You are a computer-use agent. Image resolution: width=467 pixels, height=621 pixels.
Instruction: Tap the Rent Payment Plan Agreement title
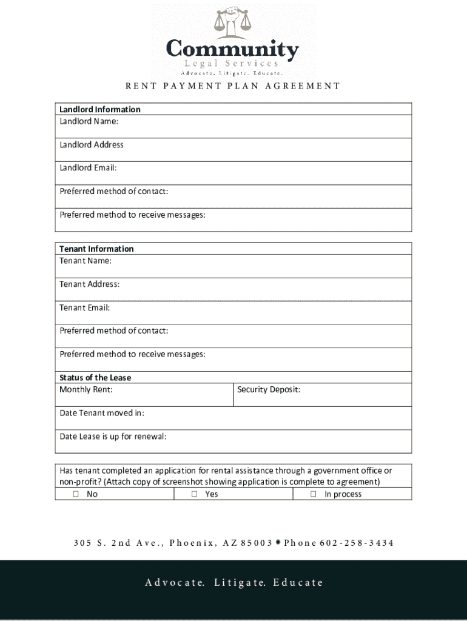(233, 86)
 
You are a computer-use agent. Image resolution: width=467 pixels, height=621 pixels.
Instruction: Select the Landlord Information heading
(99, 109)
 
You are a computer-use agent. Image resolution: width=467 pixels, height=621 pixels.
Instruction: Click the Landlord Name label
(89, 121)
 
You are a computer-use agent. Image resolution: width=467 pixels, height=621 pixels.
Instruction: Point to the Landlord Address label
(91, 144)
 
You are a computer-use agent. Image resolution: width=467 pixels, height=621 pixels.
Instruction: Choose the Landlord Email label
(87, 168)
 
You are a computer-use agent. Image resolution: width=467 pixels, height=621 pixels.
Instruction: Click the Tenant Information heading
(96, 249)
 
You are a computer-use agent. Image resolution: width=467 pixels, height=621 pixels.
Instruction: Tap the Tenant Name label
(85, 261)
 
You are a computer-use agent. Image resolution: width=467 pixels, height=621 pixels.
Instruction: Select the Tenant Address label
(89, 284)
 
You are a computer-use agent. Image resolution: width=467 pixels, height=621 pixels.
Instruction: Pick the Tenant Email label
(84, 307)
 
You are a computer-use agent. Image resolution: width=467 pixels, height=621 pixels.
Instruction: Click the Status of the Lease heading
(95, 377)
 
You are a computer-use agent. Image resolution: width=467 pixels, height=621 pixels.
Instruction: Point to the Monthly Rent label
(86, 389)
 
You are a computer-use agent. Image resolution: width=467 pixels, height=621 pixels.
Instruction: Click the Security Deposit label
(269, 389)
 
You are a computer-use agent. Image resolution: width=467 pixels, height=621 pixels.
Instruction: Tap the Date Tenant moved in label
(101, 413)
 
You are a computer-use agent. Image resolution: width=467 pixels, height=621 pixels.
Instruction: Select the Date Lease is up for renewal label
(113, 436)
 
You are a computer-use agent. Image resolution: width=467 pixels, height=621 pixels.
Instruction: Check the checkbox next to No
(76, 494)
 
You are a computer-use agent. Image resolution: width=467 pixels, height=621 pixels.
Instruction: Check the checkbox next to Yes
(195, 494)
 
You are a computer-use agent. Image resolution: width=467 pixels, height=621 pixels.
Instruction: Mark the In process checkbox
(314, 494)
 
